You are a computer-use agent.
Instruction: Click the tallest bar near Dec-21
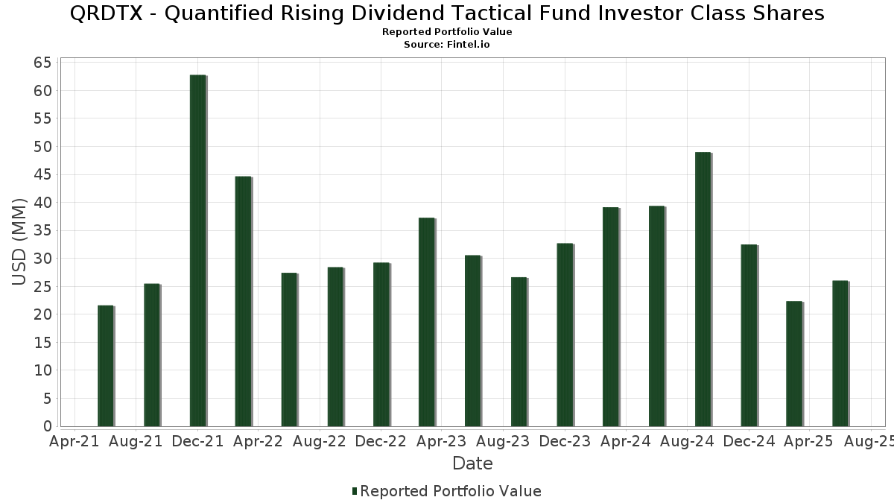coord(197,250)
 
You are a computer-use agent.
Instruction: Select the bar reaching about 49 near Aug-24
coord(703,289)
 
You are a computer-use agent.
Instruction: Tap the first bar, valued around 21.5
coord(105,366)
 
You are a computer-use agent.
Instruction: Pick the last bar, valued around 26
coord(840,353)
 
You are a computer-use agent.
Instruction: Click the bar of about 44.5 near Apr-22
coord(243,301)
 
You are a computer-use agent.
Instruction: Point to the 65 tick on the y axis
coord(42,63)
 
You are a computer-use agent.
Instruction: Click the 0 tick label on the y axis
coord(47,426)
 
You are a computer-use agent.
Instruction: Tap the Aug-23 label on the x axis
coord(504,442)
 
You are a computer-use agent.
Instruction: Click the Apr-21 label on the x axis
coord(74,442)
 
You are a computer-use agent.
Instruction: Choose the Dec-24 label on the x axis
coord(749,442)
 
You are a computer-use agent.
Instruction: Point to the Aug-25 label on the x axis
coord(869,442)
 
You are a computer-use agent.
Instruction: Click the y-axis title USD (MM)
coord(19,242)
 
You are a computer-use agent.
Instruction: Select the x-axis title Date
coord(472,464)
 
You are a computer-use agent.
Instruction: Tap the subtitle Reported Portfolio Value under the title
coord(447,32)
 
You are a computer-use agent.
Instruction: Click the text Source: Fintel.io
coord(447,45)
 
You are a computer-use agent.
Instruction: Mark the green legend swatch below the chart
coord(355,491)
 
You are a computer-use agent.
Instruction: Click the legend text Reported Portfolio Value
coord(451,491)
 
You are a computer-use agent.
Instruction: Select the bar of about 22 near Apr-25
coord(794,364)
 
